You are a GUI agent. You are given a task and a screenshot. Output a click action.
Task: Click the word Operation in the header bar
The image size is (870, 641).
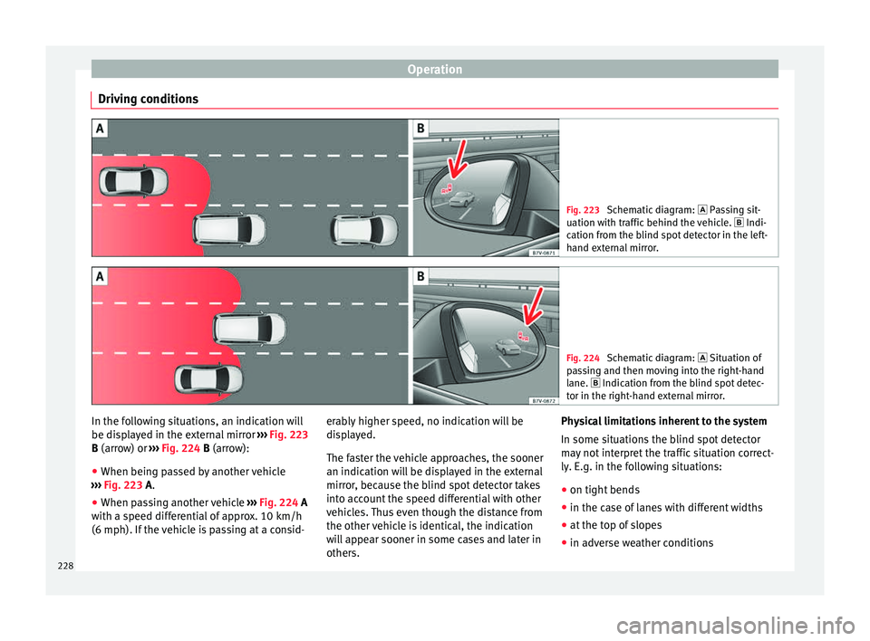434,68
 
